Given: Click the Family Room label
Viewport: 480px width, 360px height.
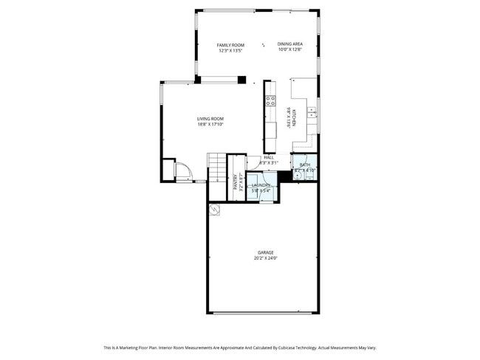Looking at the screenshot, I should (230, 46).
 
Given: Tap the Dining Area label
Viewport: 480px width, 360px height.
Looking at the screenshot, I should (289, 46).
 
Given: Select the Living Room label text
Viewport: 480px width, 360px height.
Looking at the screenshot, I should (210, 119).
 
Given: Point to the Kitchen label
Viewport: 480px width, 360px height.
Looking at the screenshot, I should (295, 118).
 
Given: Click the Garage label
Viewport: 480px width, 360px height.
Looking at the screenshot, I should (265, 252).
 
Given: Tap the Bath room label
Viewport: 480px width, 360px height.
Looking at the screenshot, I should (304, 165).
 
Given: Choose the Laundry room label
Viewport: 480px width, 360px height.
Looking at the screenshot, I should (261, 185).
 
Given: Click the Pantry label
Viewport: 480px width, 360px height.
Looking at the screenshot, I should (236, 181).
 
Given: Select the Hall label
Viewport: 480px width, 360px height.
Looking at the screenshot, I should (269, 157).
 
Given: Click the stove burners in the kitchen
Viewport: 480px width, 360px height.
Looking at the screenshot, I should (270, 101).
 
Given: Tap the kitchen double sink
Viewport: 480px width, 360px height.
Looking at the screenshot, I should (312, 112).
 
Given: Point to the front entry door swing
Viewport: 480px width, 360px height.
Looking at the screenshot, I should (182, 173).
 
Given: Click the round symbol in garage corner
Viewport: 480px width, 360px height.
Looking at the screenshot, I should (215, 210).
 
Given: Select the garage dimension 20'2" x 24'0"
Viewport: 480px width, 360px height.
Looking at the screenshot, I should (265, 258).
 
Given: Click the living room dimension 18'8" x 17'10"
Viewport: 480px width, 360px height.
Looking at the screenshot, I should (210, 125).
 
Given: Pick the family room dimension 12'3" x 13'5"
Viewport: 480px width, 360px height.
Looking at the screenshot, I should (230, 51).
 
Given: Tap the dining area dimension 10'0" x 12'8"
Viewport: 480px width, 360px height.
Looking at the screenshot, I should (289, 51).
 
